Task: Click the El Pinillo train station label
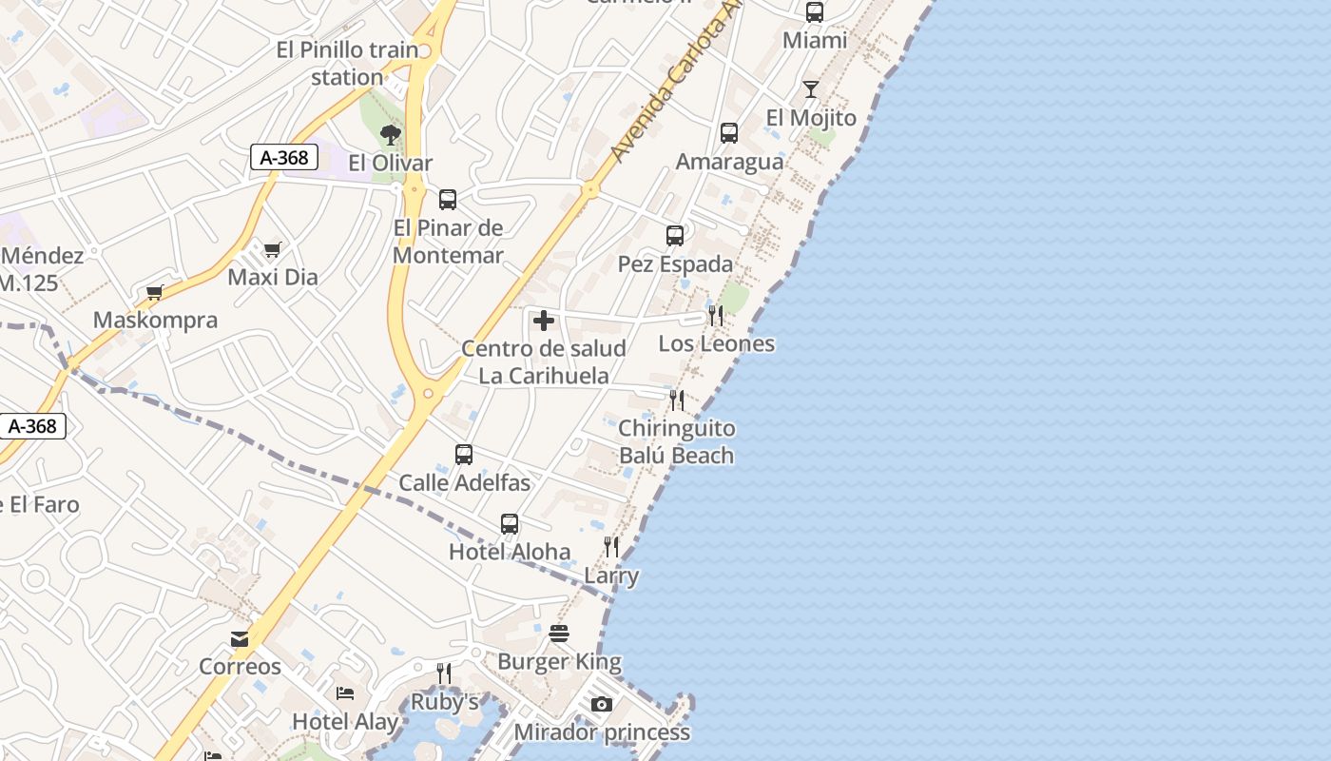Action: point(347,63)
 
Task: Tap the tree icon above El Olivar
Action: point(390,134)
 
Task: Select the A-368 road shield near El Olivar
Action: point(284,157)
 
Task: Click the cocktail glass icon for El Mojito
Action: point(811,89)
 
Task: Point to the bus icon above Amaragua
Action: point(729,132)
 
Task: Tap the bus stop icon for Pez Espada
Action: point(675,235)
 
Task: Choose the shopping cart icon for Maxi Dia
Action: point(273,250)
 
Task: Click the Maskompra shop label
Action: point(155,320)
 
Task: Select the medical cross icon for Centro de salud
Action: point(544,322)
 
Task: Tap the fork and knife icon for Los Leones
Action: point(716,315)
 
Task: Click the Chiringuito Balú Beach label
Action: point(676,441)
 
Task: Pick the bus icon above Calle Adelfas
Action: point(464,454)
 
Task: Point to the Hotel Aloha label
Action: point(510,552)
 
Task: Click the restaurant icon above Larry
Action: point(611,547)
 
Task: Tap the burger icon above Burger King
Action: point(559,634)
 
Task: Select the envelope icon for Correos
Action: point(240,638)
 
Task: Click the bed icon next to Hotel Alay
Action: point(345,693)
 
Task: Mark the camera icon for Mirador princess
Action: point(602,705)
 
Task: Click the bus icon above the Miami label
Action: point(815,12)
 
